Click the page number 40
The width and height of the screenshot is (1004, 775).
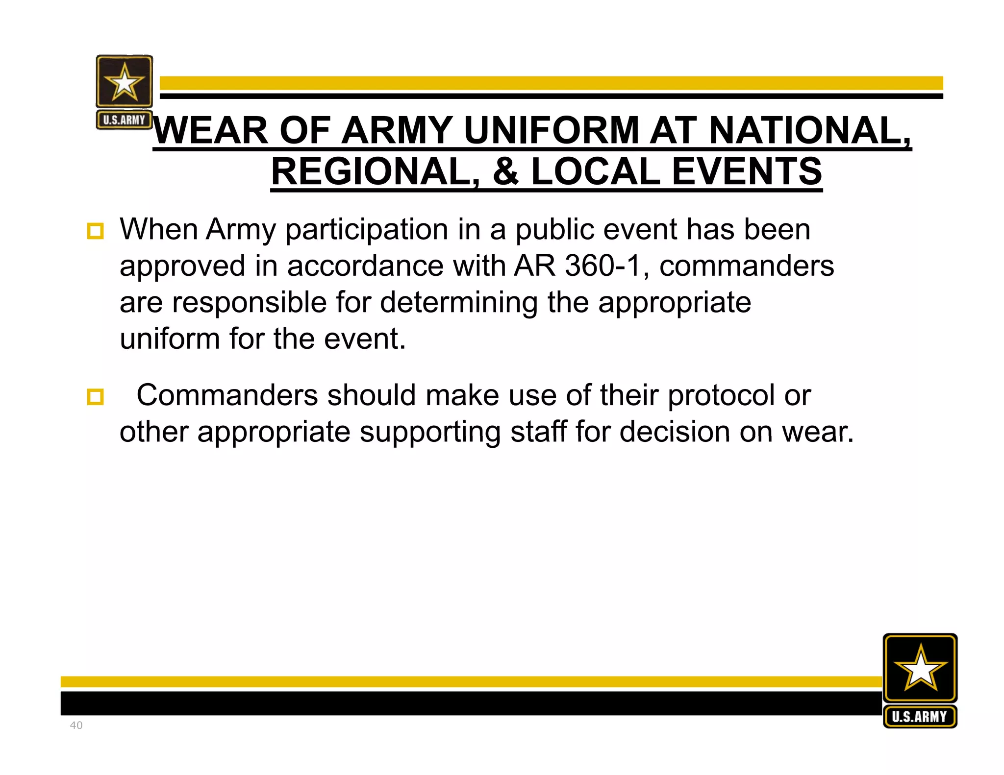(x=76, y=725)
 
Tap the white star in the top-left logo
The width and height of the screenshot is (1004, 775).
(x=125, y=82)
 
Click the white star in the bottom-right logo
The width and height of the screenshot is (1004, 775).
(x=920, y=668)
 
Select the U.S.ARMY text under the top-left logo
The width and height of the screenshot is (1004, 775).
(x=124, y=120)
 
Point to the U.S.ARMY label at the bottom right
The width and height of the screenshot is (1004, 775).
(x=920, y=717)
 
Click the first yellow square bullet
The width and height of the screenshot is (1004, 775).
(x=95, y=231)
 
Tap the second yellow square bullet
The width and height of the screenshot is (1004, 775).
(x=95, y=397)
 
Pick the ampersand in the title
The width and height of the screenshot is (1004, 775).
(x=505, y=171)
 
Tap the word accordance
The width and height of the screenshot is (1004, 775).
(x=365, y=266)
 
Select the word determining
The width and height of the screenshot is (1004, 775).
(x=459, y=303)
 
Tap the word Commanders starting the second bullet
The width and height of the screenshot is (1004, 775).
(x=227, y=395)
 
